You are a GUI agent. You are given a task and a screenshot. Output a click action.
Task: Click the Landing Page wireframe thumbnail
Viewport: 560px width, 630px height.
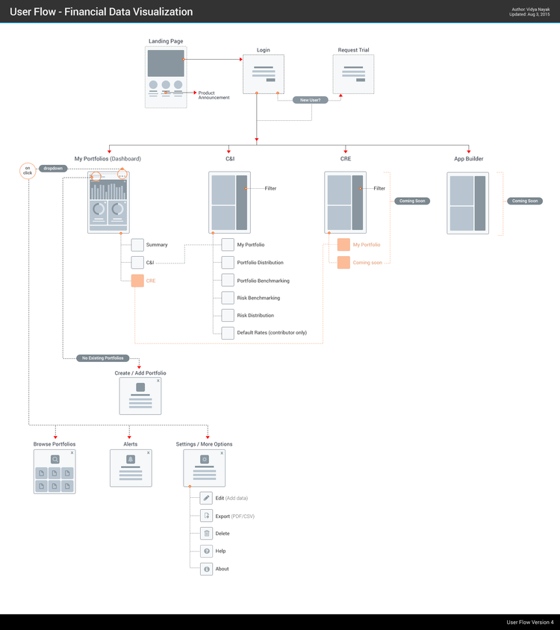[166, 78]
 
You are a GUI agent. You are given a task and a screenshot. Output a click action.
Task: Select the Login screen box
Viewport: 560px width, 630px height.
[264, 74]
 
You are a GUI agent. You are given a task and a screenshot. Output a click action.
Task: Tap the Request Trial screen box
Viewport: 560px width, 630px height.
[353, 74]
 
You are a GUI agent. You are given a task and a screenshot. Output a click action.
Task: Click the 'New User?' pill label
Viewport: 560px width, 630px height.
[310, 99]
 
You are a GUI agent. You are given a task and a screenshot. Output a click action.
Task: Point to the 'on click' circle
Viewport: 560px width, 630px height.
[28, 171]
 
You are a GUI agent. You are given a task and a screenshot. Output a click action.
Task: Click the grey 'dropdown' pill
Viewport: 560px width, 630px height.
[53, 169]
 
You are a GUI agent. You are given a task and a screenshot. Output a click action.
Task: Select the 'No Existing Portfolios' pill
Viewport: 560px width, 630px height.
[103, 358]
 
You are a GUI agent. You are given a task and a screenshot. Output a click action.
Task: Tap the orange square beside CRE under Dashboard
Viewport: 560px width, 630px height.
[137, 281]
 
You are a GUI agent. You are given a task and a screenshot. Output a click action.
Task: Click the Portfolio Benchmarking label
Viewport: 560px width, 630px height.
[263, 281]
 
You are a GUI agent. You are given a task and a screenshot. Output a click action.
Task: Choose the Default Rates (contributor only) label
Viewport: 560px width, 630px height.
[272, 333]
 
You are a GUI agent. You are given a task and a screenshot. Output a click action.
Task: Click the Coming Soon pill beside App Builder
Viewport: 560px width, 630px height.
[525, 201]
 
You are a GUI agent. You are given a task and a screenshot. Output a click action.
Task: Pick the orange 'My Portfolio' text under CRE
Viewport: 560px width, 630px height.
[367, 245]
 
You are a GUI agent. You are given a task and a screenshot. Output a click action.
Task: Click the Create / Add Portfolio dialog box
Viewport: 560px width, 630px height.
[140, 396]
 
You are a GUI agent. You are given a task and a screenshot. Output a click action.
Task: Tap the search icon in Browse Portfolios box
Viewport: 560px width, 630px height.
[55, 460]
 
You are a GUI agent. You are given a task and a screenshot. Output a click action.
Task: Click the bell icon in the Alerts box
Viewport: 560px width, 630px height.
[131, 459]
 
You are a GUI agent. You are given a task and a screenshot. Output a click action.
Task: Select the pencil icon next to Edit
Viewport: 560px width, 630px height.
[206, 498]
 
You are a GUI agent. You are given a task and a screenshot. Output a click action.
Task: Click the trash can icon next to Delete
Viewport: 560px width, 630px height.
[206, 533]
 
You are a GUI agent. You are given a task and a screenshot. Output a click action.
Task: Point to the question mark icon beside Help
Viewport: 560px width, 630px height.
[206, 551]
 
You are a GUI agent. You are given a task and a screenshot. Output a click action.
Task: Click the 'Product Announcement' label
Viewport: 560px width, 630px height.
[214, 96]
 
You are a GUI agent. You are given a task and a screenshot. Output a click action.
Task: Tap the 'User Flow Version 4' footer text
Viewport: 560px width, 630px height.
[529, 622]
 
